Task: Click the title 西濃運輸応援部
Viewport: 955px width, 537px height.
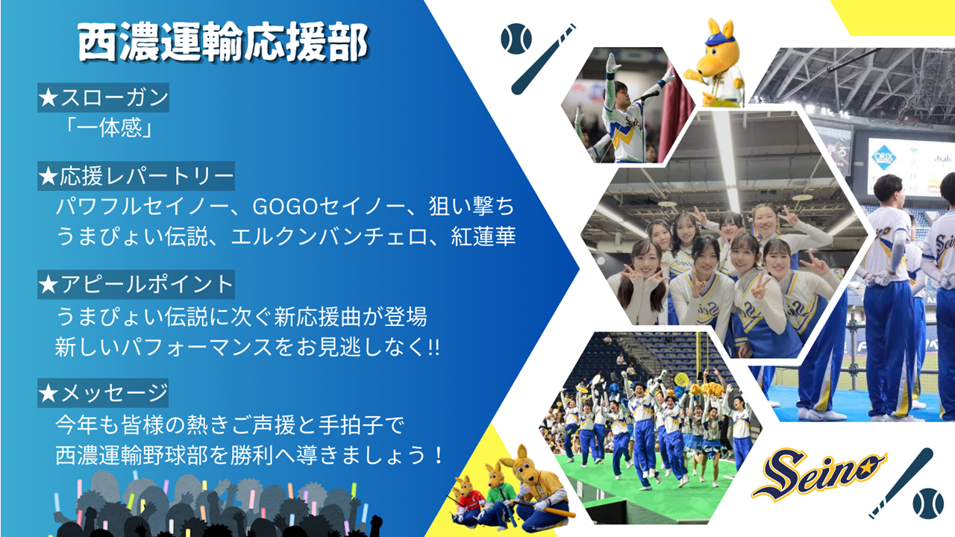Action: (222, 43)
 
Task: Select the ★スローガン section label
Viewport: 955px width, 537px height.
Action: (103, 98)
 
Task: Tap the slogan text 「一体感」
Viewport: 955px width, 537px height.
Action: (109, 128)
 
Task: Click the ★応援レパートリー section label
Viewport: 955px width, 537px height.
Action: (136, 175)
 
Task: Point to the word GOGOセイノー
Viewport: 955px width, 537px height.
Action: (329, 207)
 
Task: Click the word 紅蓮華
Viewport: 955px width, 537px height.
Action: (483, 236)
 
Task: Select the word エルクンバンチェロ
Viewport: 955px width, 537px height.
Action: (329, 236)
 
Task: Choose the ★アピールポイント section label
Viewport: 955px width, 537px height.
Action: (136, 284)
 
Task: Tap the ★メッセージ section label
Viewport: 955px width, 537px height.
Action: (103, 393)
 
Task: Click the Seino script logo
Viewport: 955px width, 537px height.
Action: (818, 473)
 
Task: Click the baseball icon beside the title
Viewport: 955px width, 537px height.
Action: (516, 39)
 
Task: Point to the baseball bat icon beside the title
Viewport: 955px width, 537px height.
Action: (543, 59)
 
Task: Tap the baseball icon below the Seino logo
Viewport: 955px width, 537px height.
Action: (928, 503)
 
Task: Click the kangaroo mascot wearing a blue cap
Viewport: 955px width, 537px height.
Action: (715, 64)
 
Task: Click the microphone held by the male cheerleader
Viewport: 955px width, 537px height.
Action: (648, 96)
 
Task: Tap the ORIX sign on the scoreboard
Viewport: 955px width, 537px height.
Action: (883, 156)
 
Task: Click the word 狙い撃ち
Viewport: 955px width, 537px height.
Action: (472, 207)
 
